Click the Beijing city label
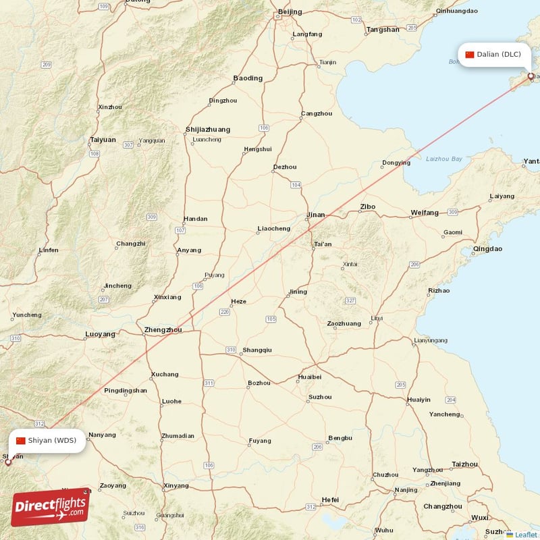click(x=290, y=11)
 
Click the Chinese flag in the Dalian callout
click(x=470, y=55)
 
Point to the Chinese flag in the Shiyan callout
click(x=21, y=441)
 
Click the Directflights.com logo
click(x=50, y=507)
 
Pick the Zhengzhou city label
click(x=163, y=330)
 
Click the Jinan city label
click(x=315, y=215)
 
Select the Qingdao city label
click(x=487, y=248)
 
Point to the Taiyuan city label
click(x=103, y=140)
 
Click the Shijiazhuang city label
click(x=207, y=129)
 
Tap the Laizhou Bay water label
click(x=444, y=159)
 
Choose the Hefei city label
click(x=330, y=500)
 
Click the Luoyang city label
click(x=100, y=334)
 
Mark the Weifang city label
click(x=425, y=213)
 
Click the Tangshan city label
click(x=383, y=29)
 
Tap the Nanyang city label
click(x=102, y=435)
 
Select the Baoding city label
click(x=248, y=78)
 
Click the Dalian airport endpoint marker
click(x=531, y=76)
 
